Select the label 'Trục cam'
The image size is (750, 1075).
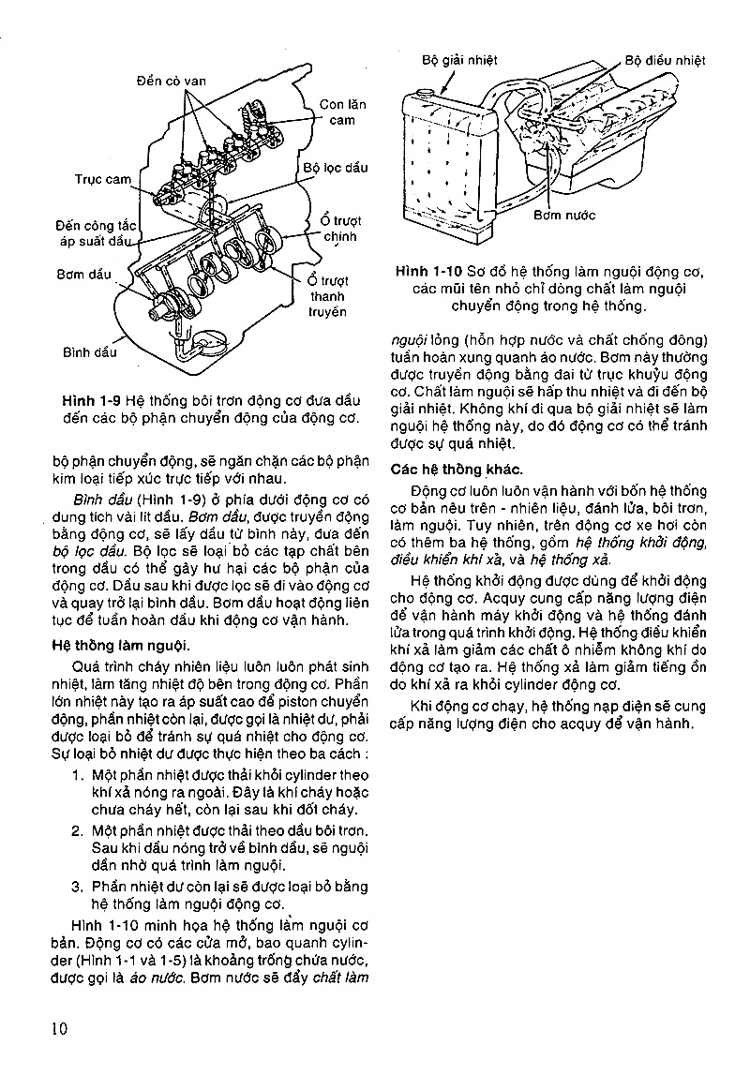tap(102, 178)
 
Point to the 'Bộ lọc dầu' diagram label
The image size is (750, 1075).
tap(335, 168)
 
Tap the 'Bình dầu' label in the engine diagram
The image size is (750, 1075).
tap(89, 353)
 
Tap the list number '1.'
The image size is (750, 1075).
tap(78, 775)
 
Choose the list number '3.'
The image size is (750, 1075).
tap(78, 887)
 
